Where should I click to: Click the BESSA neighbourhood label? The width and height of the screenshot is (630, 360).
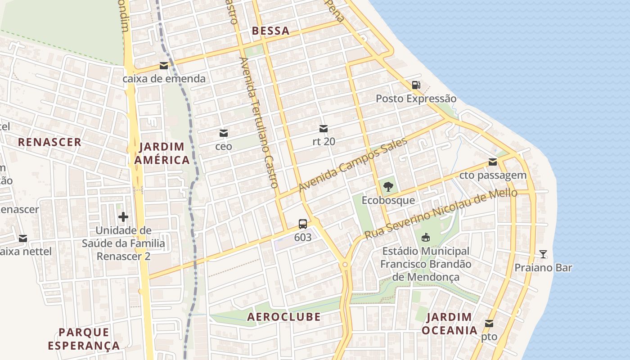point(270,31)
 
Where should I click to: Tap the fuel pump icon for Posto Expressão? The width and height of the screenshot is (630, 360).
point(416,85)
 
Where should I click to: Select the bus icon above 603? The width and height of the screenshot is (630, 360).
point(303,224)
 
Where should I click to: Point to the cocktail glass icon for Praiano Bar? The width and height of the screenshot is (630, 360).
point(543,254)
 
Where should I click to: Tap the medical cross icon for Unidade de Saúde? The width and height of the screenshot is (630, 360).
point(123,217)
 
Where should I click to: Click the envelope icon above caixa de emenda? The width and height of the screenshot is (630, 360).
point(164,66)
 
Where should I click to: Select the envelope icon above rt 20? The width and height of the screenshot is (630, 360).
point(324,129)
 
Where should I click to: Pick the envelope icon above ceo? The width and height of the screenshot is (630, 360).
point(224,133)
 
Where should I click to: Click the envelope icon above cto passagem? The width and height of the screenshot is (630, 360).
point(493,162)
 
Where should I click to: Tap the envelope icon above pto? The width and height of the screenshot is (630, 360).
point(489,324)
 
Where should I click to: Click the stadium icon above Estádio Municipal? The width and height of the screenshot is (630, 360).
point(425,237)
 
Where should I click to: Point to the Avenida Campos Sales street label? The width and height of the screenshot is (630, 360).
point(353,164)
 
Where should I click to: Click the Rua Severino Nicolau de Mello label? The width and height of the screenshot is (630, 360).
point(441,215)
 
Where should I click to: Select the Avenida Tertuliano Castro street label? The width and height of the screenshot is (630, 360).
point(258,122)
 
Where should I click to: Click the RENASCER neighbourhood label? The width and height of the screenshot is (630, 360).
point(49,142)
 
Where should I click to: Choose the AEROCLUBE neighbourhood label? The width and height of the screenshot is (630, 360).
point(284,317)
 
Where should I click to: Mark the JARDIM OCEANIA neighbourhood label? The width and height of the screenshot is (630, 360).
point(449,324)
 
